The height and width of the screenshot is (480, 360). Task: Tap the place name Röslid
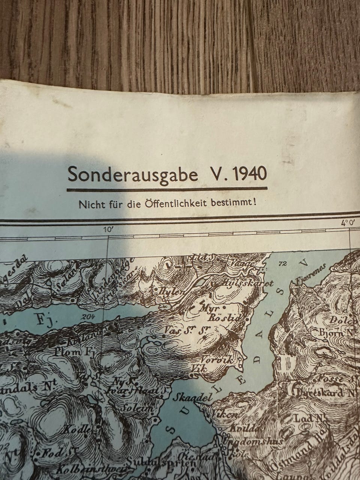[227, 319]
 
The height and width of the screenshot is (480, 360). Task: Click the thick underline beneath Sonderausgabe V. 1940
[167, 189]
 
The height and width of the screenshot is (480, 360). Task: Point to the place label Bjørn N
[337, 332]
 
